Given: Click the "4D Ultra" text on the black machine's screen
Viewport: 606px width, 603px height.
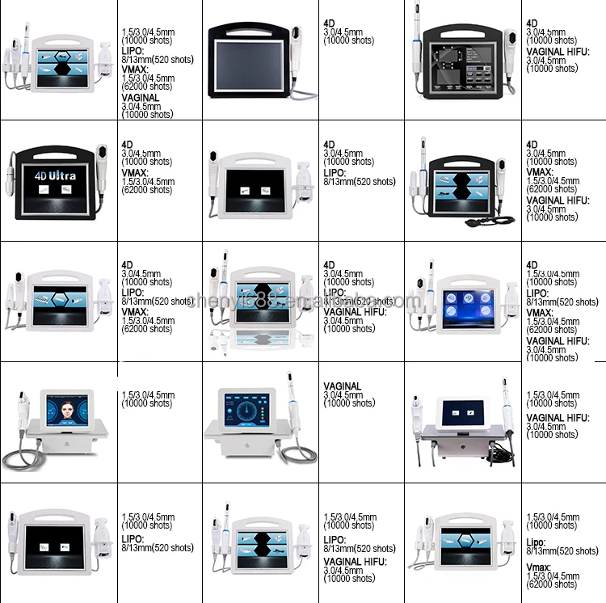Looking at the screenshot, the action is pos(55,175).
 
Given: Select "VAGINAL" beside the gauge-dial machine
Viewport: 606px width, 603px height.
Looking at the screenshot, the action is pos(342,386).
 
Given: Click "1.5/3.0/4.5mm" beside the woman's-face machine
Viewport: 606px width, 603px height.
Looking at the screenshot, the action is pos(148,395).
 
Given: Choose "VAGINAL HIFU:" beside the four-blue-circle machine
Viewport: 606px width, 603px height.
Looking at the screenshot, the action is pos(558,341).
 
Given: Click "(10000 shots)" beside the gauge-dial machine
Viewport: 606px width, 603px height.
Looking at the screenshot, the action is pos(349,403).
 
